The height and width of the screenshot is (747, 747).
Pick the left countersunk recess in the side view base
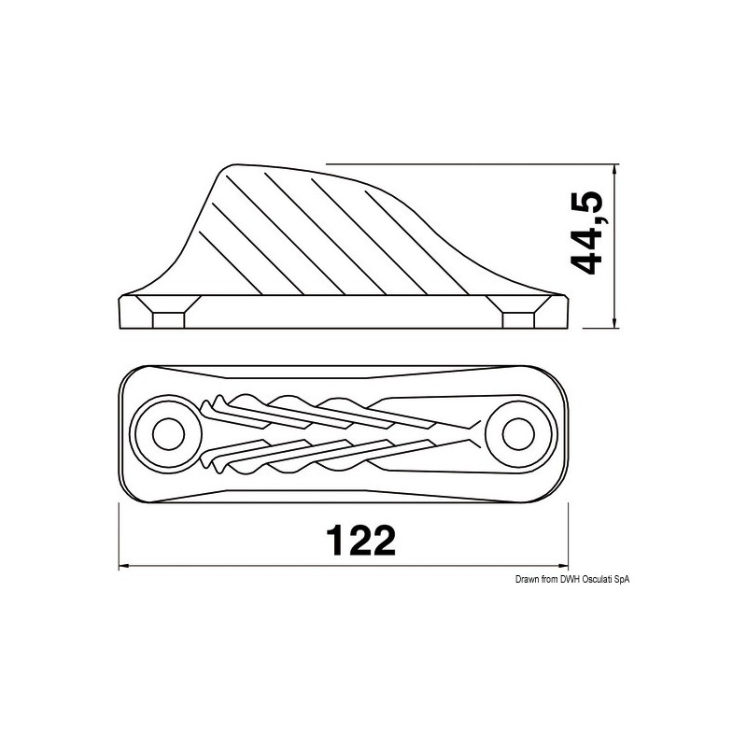pos(168,314)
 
